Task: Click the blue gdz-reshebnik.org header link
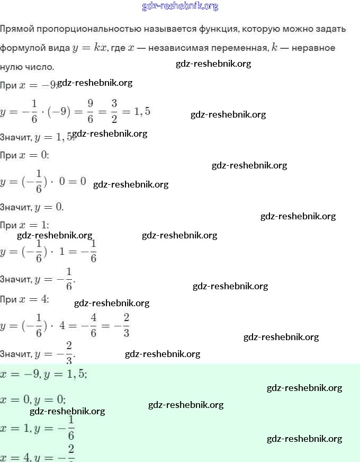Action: coord(180,6)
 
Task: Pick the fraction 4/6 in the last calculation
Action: coord(93,325)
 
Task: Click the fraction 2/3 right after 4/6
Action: coord(125,325)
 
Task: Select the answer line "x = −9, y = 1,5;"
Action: coord(44,374)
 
